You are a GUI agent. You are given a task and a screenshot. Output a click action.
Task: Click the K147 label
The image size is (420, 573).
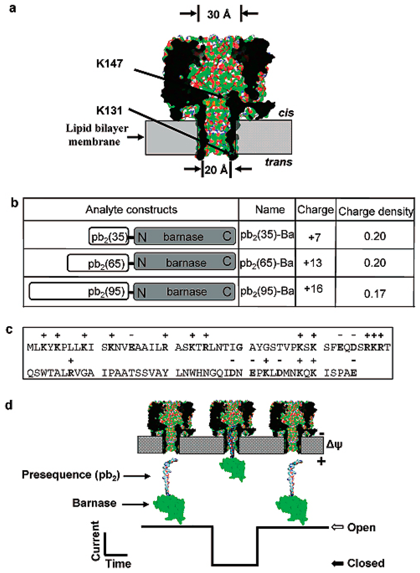[110, 63]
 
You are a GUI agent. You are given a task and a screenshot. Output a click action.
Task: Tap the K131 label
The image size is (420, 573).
[109, 110]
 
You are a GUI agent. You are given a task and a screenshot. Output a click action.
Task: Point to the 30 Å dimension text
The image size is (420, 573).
[219, 14]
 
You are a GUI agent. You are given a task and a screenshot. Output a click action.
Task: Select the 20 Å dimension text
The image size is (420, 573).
[216, 169]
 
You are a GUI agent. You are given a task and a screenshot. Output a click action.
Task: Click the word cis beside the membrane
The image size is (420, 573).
[286, 113]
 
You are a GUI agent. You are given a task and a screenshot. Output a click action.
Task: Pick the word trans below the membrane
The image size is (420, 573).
[278, 162]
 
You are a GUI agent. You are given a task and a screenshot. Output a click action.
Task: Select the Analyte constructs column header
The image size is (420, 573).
[131, 210]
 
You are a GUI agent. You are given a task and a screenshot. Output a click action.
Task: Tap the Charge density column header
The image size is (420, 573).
[375, 211]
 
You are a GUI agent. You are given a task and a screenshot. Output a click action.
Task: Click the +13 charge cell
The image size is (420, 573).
[313, 262]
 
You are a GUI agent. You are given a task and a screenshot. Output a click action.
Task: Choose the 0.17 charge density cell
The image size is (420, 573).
[375, 293]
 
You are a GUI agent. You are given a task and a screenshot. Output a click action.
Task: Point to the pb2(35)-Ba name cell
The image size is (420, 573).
[267, 235]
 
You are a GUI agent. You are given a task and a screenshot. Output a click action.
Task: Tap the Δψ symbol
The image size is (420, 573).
[334, 444]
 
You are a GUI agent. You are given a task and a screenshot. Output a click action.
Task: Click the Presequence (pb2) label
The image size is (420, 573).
[71, 475]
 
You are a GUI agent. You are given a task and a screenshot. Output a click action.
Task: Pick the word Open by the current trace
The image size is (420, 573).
[361, 528]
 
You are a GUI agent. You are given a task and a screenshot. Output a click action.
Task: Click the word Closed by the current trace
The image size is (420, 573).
[365, 563]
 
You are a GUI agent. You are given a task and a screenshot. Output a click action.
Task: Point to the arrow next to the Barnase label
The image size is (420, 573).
[135, 504]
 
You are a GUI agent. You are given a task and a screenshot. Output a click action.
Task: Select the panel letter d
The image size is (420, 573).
[9, 405]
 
